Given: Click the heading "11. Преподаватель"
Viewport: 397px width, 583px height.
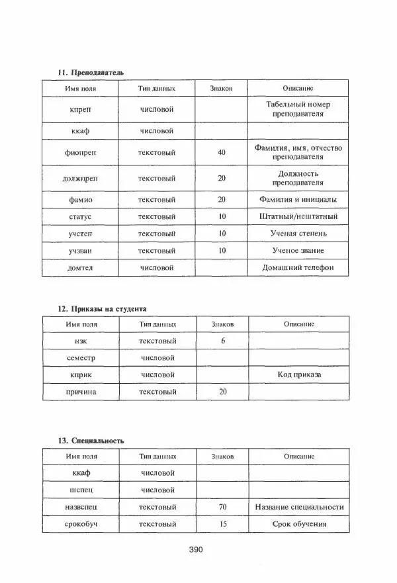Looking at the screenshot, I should [91, 71].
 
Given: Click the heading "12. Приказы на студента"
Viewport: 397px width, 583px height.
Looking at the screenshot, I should [103, 308].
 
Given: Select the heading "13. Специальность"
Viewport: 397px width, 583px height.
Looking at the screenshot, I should [91, 440].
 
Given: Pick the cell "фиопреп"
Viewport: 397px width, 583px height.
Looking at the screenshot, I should [81, 153].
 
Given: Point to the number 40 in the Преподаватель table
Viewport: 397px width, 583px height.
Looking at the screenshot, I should [222, 153].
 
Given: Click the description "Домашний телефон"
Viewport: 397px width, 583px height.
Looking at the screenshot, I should [298, 267].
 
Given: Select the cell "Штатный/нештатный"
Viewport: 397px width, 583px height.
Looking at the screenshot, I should [298, 216].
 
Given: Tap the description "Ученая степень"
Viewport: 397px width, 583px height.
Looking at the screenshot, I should [298, 234].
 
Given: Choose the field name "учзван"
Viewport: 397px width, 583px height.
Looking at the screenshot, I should [81, 251].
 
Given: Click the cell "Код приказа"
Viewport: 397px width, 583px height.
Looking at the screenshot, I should [299, 375].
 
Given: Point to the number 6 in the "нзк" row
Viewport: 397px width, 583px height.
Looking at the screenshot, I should [223, 341].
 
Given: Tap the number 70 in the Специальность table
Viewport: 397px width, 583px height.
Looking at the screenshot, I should [222, 507].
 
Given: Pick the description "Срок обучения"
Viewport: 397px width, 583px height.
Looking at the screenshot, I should [299, 524].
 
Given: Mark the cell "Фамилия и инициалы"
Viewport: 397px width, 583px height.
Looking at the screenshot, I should [298, 199].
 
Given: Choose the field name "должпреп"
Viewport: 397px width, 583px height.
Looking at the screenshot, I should [81, 178].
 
